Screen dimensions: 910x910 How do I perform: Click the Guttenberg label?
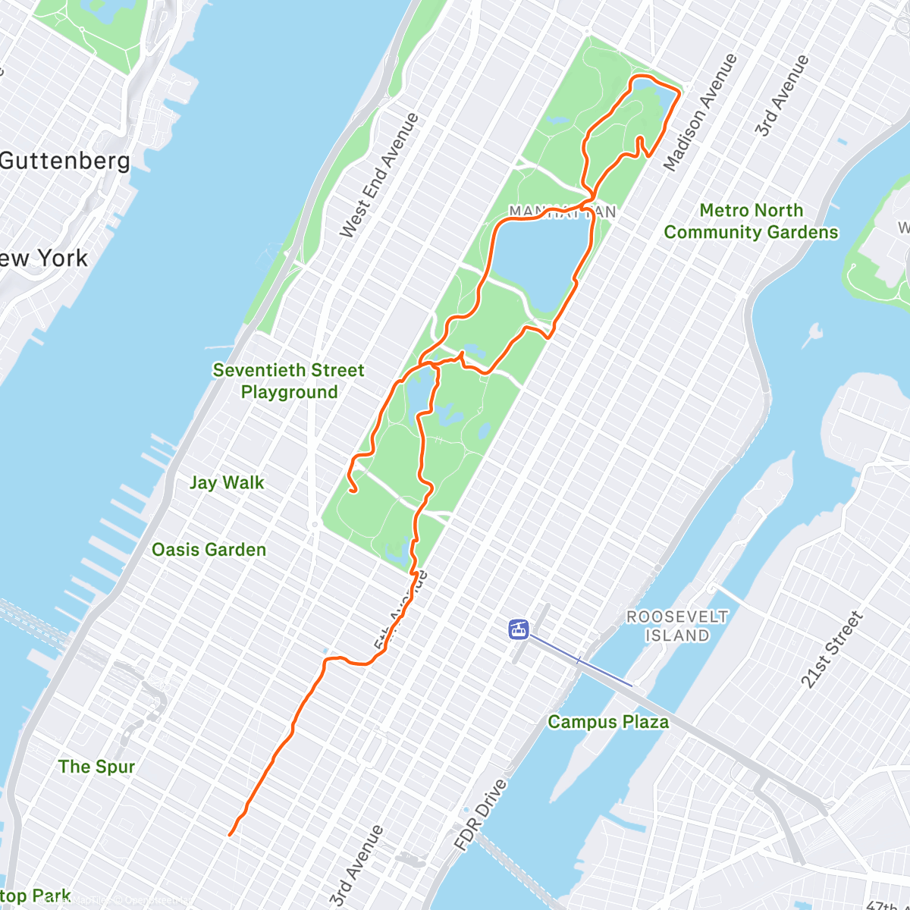pos(65,161)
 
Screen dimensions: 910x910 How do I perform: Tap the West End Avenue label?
pos(379,175)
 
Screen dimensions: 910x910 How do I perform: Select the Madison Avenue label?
pos(700,111)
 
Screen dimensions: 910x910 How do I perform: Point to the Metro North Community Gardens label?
pos(751,221)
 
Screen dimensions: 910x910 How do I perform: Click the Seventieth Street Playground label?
pos(289,381)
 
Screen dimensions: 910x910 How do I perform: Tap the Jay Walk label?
pos(227,483)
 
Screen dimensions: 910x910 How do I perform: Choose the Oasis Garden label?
pos(209,550)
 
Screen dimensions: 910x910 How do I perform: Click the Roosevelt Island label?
pos(677,626)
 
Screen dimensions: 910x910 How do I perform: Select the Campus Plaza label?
pos(608,722)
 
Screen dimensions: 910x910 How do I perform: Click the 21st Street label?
pos(832,650)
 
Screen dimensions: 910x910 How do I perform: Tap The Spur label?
pos(97,767)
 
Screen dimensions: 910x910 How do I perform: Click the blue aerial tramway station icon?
pos(519,629)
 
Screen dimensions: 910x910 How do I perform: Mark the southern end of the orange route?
pos(230,835)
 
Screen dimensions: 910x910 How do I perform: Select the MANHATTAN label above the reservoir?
pos(562,212)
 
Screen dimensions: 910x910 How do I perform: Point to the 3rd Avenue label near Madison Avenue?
pos(782,96)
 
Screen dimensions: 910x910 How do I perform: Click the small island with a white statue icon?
pos(815,332)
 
